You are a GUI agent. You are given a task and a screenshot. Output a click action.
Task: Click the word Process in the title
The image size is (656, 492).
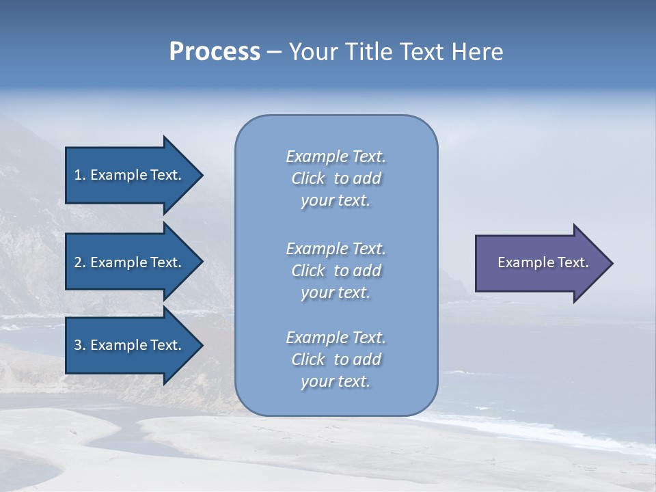215,52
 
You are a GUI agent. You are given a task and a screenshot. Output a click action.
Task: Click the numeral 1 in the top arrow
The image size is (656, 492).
78,175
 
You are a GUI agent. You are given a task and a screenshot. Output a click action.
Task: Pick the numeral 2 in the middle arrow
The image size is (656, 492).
78,262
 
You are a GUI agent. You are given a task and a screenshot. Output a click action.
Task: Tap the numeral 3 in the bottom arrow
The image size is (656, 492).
78,345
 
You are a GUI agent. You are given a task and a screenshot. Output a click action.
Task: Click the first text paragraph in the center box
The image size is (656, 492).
336,178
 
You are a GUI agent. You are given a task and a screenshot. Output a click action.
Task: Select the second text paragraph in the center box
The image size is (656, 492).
336,271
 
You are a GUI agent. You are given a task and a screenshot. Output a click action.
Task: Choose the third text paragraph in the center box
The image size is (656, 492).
336,359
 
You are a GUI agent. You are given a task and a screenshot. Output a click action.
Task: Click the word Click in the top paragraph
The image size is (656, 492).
307,179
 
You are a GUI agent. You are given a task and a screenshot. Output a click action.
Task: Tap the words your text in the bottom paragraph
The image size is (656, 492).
336,382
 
